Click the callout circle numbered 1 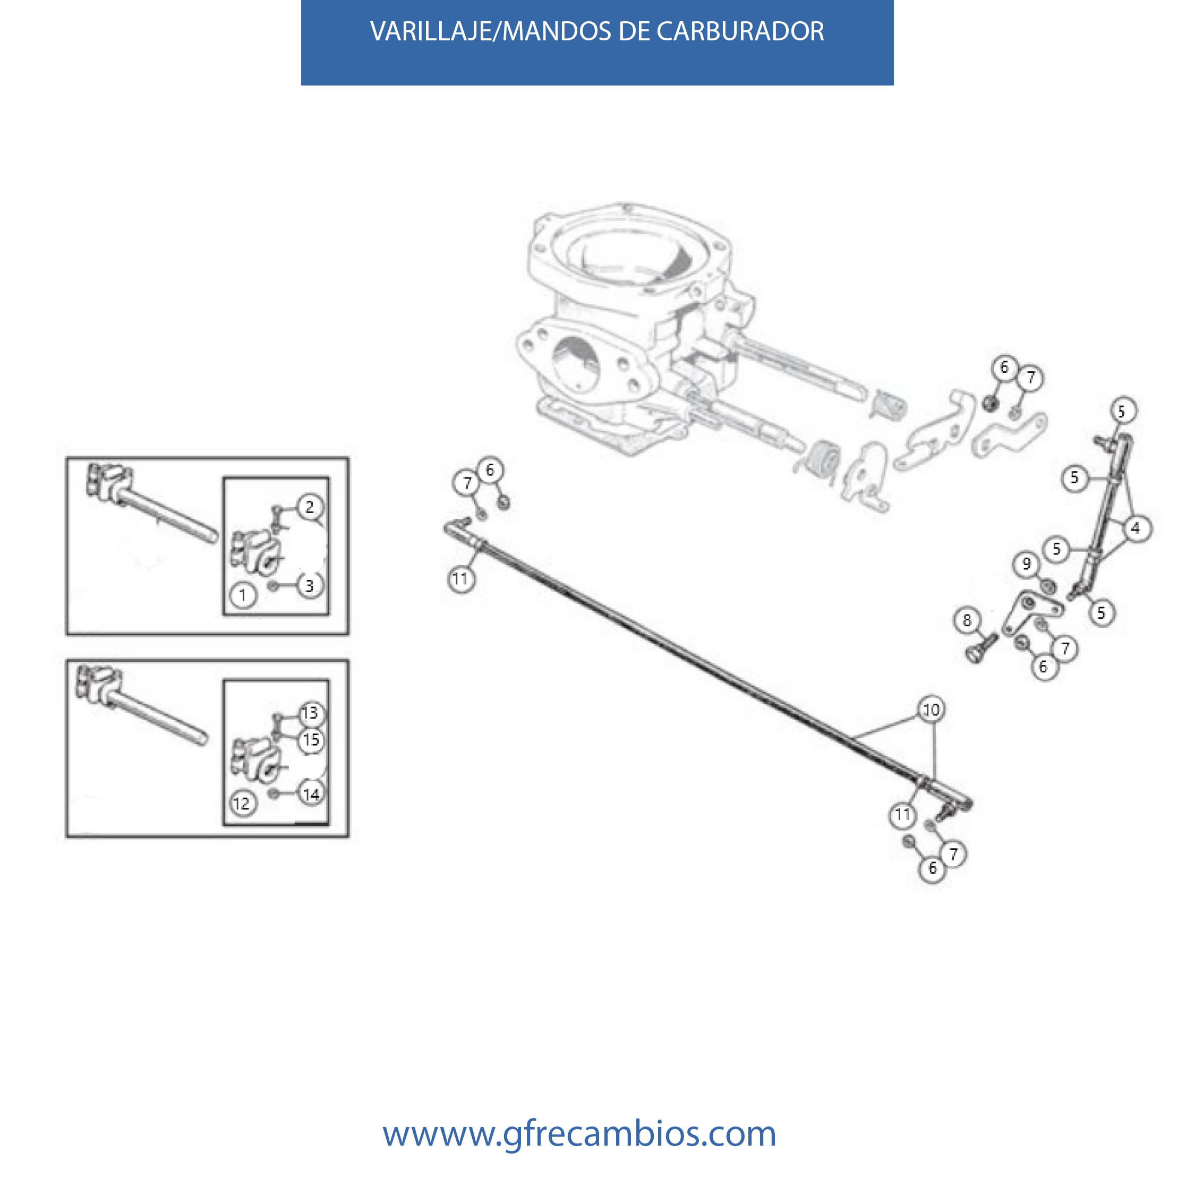pyautogui.click(x=243, y=595)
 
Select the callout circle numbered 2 pyautogui.click(x=310, y=507)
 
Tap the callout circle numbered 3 pyautogui.click(x=310, y=585)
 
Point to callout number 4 pyautogui.click(x=1135, y=528)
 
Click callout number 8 pyautogui.click(x=967, y=620)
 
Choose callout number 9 pyautogui.click(x=1027, y=564)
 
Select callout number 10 pyautogui.click(x=932, y=710)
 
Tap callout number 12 pyautogui.click(x=242, y=804)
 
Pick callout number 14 pyautogui.click(x=311, y=793)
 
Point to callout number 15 pyautogui.click(x=311, y=740)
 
